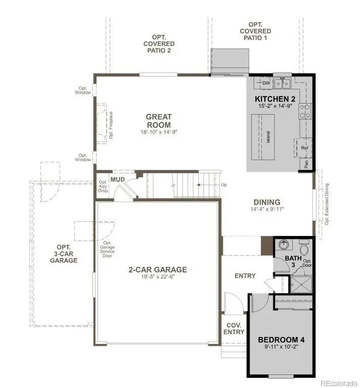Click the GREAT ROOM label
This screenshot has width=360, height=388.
coord(159,121)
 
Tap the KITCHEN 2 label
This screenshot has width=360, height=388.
coord(275,99)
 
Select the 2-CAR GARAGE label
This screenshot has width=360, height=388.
coord(157,270)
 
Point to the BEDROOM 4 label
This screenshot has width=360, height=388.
coord(281,339)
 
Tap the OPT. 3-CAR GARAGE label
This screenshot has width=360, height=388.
coord(64,254)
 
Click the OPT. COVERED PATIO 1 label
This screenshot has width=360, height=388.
coord(254,31)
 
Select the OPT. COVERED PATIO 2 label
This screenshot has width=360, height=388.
coord(159,44)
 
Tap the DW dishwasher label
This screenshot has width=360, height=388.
coord(266,83)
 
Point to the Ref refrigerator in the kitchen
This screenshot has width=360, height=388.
coord(304,148)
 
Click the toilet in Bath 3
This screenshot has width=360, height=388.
coord(304,249)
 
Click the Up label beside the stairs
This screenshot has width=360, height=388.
coord(224,185)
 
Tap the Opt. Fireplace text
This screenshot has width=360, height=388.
coord(111,124)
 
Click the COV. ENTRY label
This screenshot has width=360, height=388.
coord(234,328)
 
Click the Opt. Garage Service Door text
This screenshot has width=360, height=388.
coord(107,249)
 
